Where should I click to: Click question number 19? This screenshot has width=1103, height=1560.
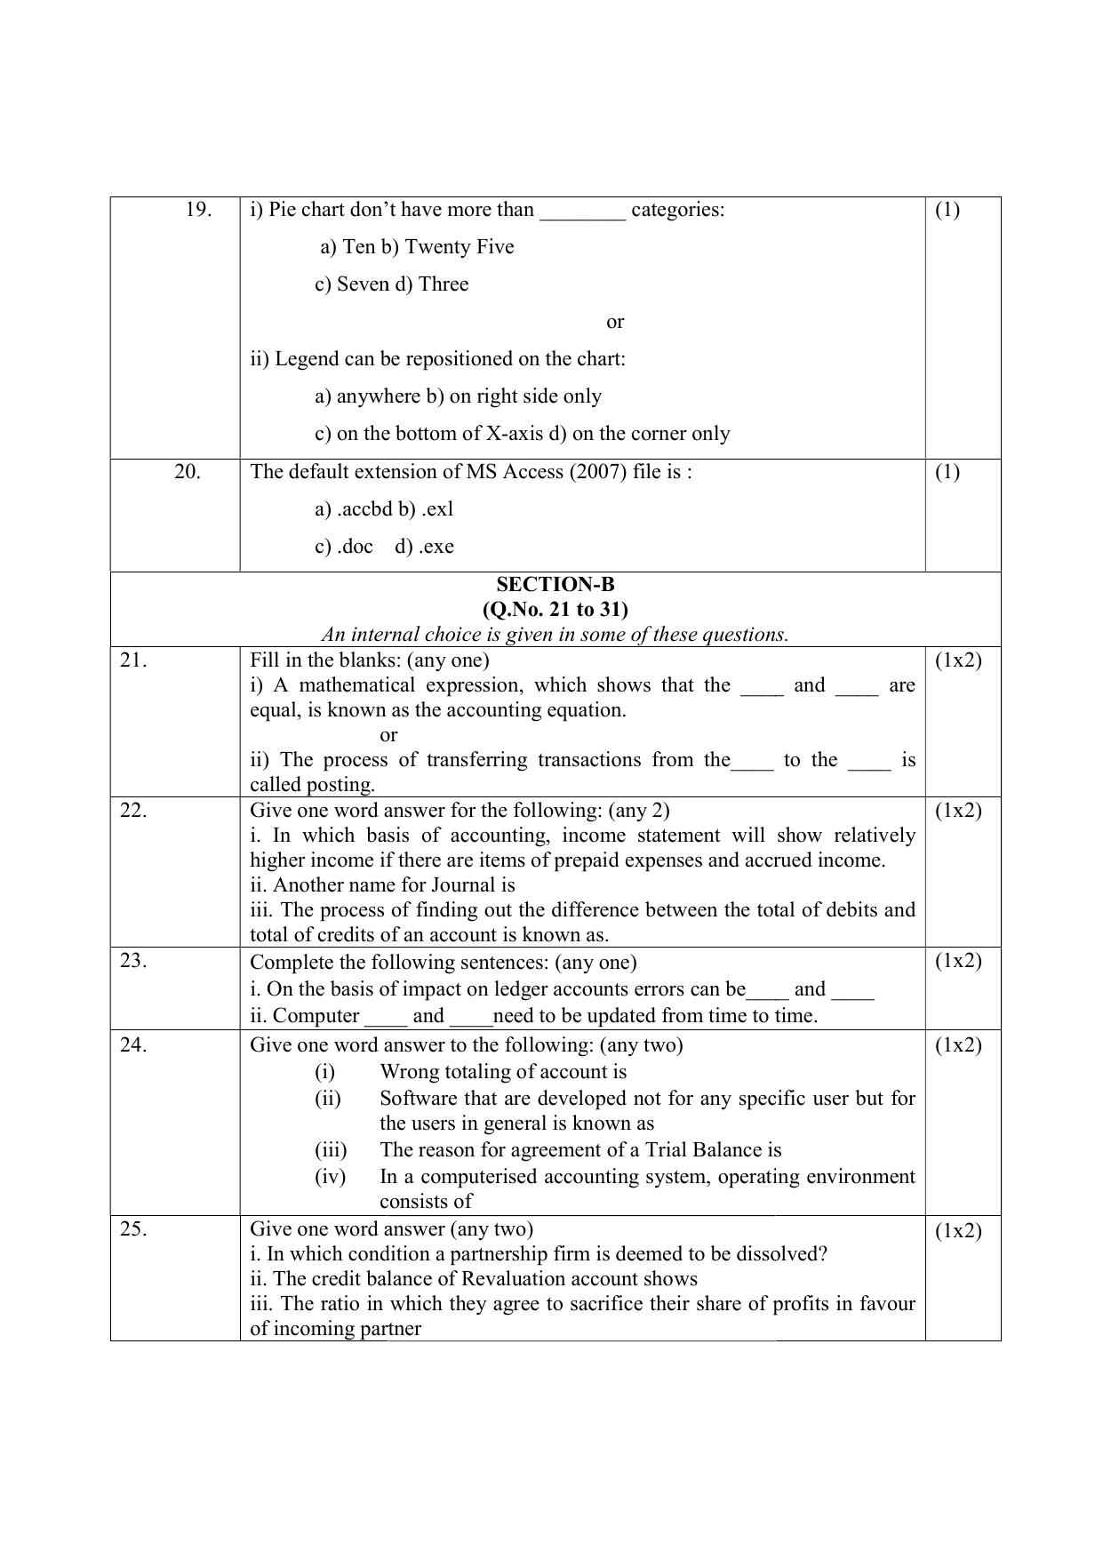click(x=198, y=210)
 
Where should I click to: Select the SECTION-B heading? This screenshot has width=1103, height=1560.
click(x=555, y=584)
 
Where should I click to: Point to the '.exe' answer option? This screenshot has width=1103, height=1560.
click(x=436, y=547)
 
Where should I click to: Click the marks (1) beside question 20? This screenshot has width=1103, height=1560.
click(x=947, y=472)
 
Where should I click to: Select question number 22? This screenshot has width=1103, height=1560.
click(x=133, y=810)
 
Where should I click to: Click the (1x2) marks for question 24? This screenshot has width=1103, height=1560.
click(x=958, y=1045)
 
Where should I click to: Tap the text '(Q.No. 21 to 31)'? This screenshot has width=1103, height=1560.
click(x=555, y=609)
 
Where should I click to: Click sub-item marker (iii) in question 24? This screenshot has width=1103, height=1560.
click(x=331, y=1150)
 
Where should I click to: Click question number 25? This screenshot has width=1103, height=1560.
click(x=133, y=1229)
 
